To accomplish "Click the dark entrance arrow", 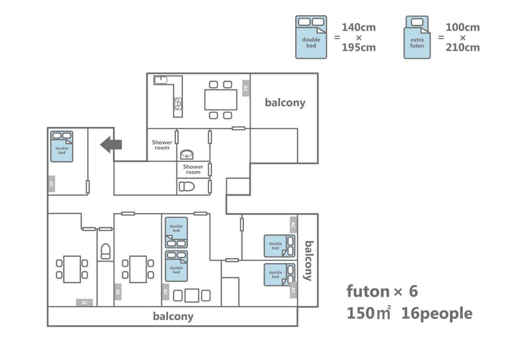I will pos(111,145).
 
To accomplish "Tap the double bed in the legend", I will pos(311,37).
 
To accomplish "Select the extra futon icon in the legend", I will pos(417,37).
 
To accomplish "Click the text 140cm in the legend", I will pos(358,27).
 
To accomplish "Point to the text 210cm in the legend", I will pos(462,47).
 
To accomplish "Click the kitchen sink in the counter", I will pos(160,80).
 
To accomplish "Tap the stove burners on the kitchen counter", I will pos(178,104).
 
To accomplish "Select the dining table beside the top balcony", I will pos(221,100).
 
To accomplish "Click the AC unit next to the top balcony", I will pos(246,88).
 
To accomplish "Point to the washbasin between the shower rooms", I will pos(187,155).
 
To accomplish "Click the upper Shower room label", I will pos(162,145).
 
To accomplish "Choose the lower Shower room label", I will pos(193,169).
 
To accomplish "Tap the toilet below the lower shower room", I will pos(187,187).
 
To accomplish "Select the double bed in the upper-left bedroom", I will pos(62,147).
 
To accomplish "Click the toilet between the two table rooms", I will pos(105,251).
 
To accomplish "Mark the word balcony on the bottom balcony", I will pos(173,316).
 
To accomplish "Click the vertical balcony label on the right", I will pos(308,260).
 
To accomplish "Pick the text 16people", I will pos(437,313).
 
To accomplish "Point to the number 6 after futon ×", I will pos(413,291).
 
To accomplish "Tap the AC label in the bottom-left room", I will pos(84,303).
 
